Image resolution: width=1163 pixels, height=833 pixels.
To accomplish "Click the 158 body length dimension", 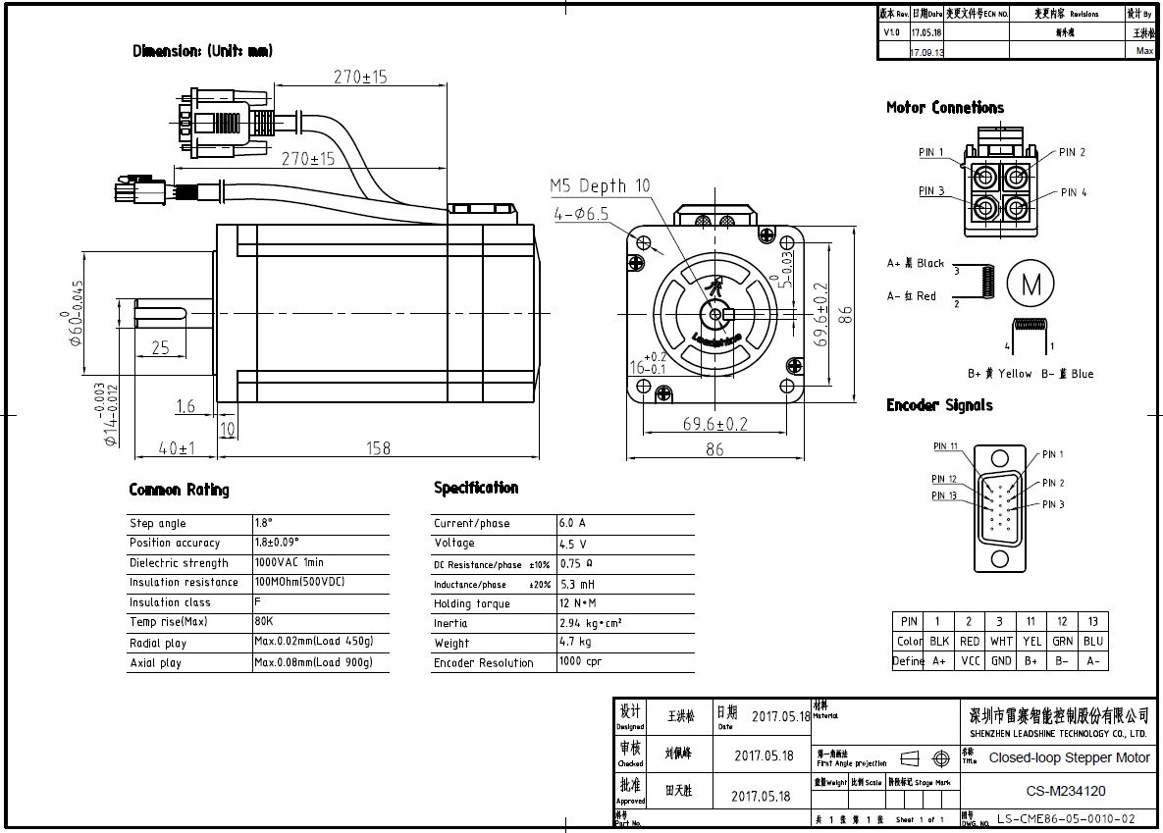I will (379, 448).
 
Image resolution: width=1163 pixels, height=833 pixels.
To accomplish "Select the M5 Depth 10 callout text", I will (599, 185).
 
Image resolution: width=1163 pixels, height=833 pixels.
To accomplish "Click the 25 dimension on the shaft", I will (160, 346).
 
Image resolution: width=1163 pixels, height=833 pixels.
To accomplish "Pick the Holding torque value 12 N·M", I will (578, 602).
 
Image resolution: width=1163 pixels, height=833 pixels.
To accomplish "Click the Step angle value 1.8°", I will (265, 523).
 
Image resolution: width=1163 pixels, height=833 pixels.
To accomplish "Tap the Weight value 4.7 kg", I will (575, 642).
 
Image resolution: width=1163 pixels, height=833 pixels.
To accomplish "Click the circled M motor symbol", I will (1031, 286).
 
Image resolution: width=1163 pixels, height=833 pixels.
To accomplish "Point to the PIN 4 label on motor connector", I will (1074, 192).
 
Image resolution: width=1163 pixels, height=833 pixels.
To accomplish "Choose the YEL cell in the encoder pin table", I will (1031, 641).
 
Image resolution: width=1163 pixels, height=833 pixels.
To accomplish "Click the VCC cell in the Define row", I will (969, 661).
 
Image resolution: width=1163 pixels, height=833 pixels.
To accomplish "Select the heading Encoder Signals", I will (939, 405).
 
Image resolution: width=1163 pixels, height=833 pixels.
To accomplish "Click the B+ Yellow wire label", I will (1000, 374).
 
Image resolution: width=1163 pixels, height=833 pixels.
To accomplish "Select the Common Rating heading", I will (179, 490).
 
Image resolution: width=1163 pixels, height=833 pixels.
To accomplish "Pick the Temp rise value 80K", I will (264, 622).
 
